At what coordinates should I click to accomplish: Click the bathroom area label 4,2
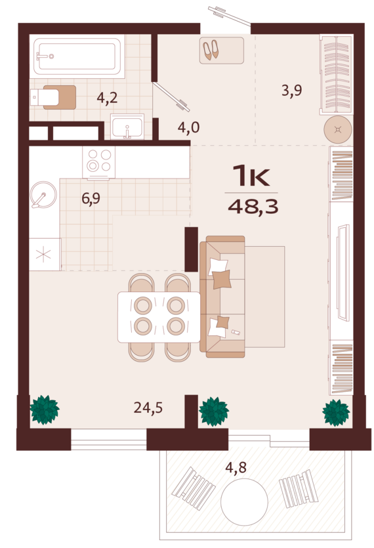(107, 98)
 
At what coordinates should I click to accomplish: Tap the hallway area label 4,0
(189, 127)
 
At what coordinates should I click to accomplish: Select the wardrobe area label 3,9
(291, 91)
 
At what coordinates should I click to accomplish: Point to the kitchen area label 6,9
(91, 198)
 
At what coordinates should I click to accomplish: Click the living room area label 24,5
(148, 408)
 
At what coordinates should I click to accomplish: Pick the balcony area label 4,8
(236, 467)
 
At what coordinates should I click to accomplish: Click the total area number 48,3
(253, 207)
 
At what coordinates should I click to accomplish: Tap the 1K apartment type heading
(251, 176)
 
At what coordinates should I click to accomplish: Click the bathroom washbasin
(127, 127)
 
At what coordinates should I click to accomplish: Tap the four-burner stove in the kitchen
(98, 162)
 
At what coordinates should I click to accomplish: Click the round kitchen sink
(43, 195)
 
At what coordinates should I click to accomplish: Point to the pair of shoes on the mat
(211, 50)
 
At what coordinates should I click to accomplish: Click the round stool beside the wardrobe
(338, 130)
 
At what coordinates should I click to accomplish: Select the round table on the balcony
(244, 502)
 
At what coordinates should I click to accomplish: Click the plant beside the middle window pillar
(213, 411)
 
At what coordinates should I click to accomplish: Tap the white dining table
(159, 317)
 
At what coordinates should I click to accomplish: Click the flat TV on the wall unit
(343, 272)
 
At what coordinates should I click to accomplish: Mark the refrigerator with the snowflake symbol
(45, 254)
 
